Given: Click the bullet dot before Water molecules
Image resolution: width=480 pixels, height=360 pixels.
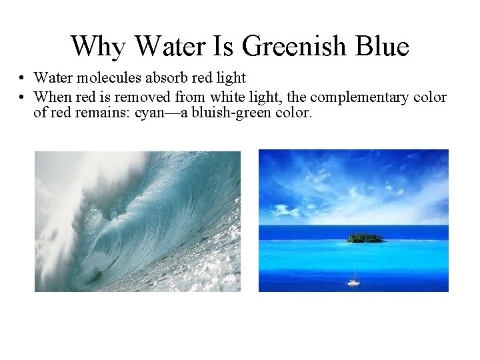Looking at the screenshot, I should tap(23, 79).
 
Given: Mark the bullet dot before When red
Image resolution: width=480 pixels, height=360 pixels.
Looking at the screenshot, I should tap(23, 97).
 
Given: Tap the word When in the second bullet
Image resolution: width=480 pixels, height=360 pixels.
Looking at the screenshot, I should tap(51, 97).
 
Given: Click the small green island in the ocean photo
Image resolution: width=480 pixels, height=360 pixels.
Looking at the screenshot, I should tap(365, 237).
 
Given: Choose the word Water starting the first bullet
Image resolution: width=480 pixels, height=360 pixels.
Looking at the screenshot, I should tap(51, 79).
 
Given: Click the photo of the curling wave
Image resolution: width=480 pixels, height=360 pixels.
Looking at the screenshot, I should tap(137, 221).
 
